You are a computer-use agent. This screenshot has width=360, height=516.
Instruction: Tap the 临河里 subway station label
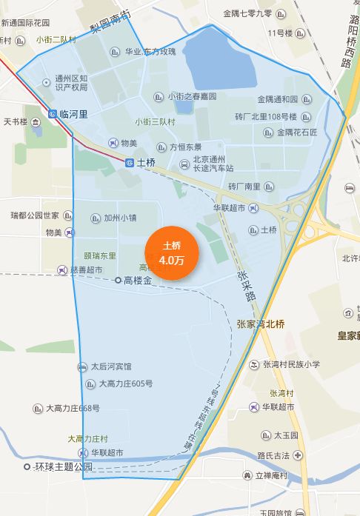click(73, 114)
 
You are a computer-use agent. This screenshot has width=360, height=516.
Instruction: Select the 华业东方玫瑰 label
click(150, 51)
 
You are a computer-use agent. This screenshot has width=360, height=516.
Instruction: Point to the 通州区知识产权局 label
click(71, 82)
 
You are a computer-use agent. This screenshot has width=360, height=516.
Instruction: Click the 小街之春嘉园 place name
click(192, 96)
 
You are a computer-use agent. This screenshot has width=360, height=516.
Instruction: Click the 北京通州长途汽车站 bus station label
click(213, 163)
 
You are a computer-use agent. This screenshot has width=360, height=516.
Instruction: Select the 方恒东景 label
click(185, 147)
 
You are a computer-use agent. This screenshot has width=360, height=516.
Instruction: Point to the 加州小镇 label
click(119, 218)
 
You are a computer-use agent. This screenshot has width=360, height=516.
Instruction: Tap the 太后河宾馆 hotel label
click(110, 366)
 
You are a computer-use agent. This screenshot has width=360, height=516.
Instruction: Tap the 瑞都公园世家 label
click(35, 215)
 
